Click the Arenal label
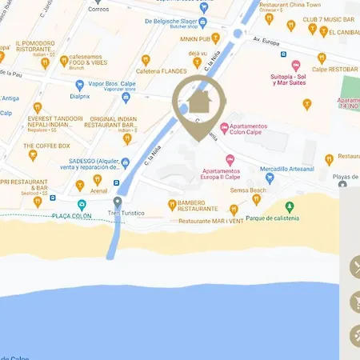click(x=98, y=190)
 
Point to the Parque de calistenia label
click(x=272, y=218)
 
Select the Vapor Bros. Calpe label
click(x=102, y=83)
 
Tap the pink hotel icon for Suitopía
click(x=296, y=65)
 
